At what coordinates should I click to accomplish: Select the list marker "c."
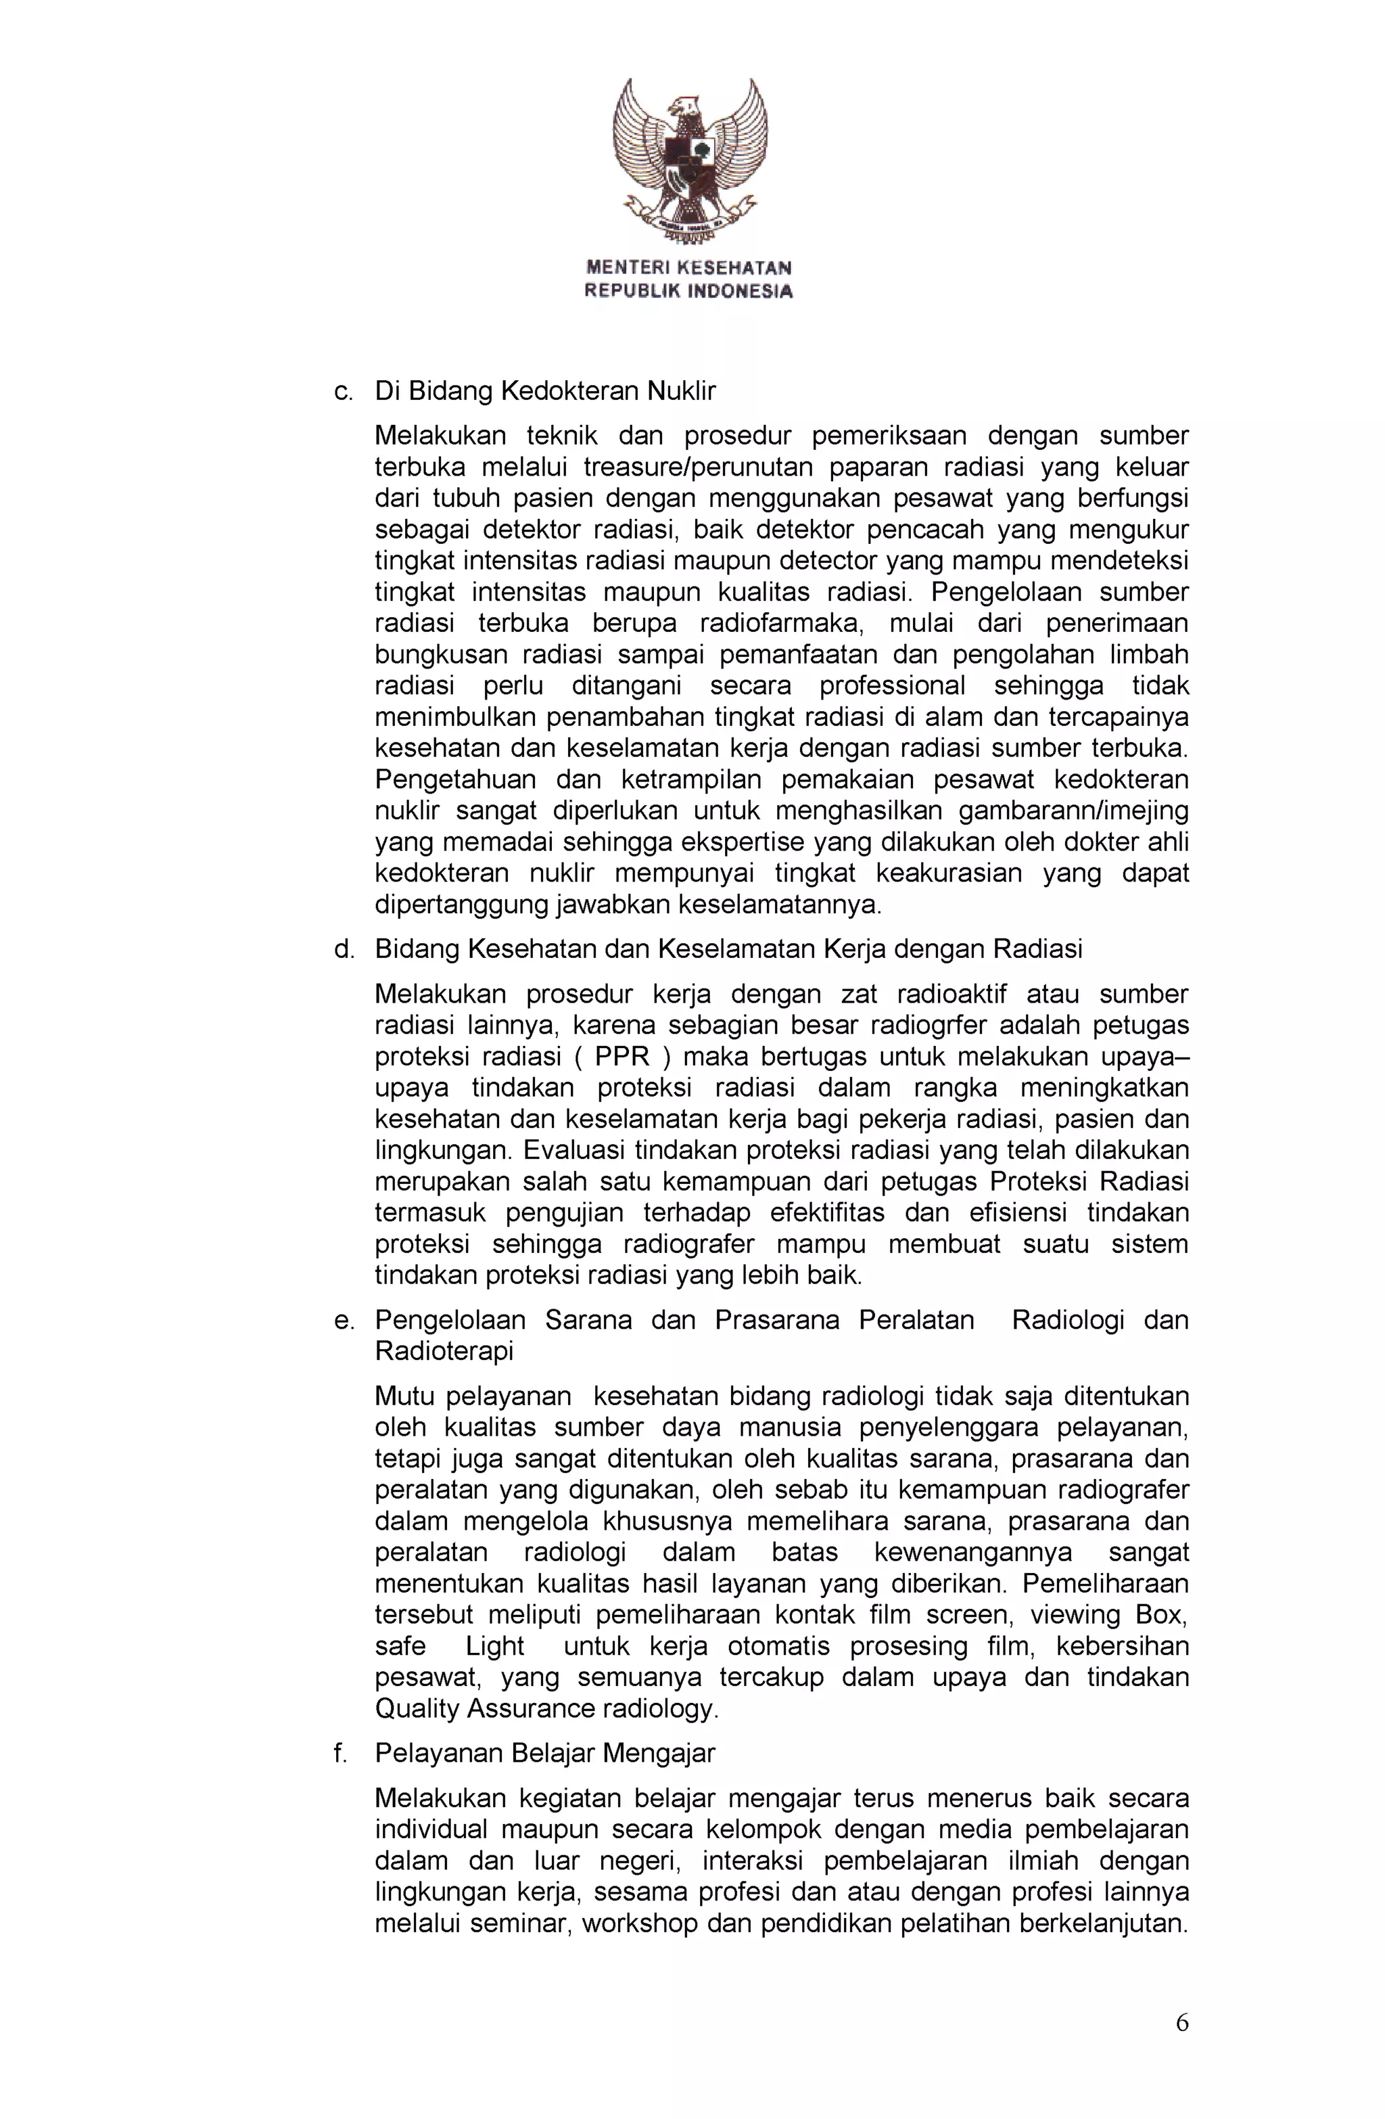coord(344,391)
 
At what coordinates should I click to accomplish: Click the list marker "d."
coord(344,949)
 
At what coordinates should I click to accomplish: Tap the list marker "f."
coord(340,1753)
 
